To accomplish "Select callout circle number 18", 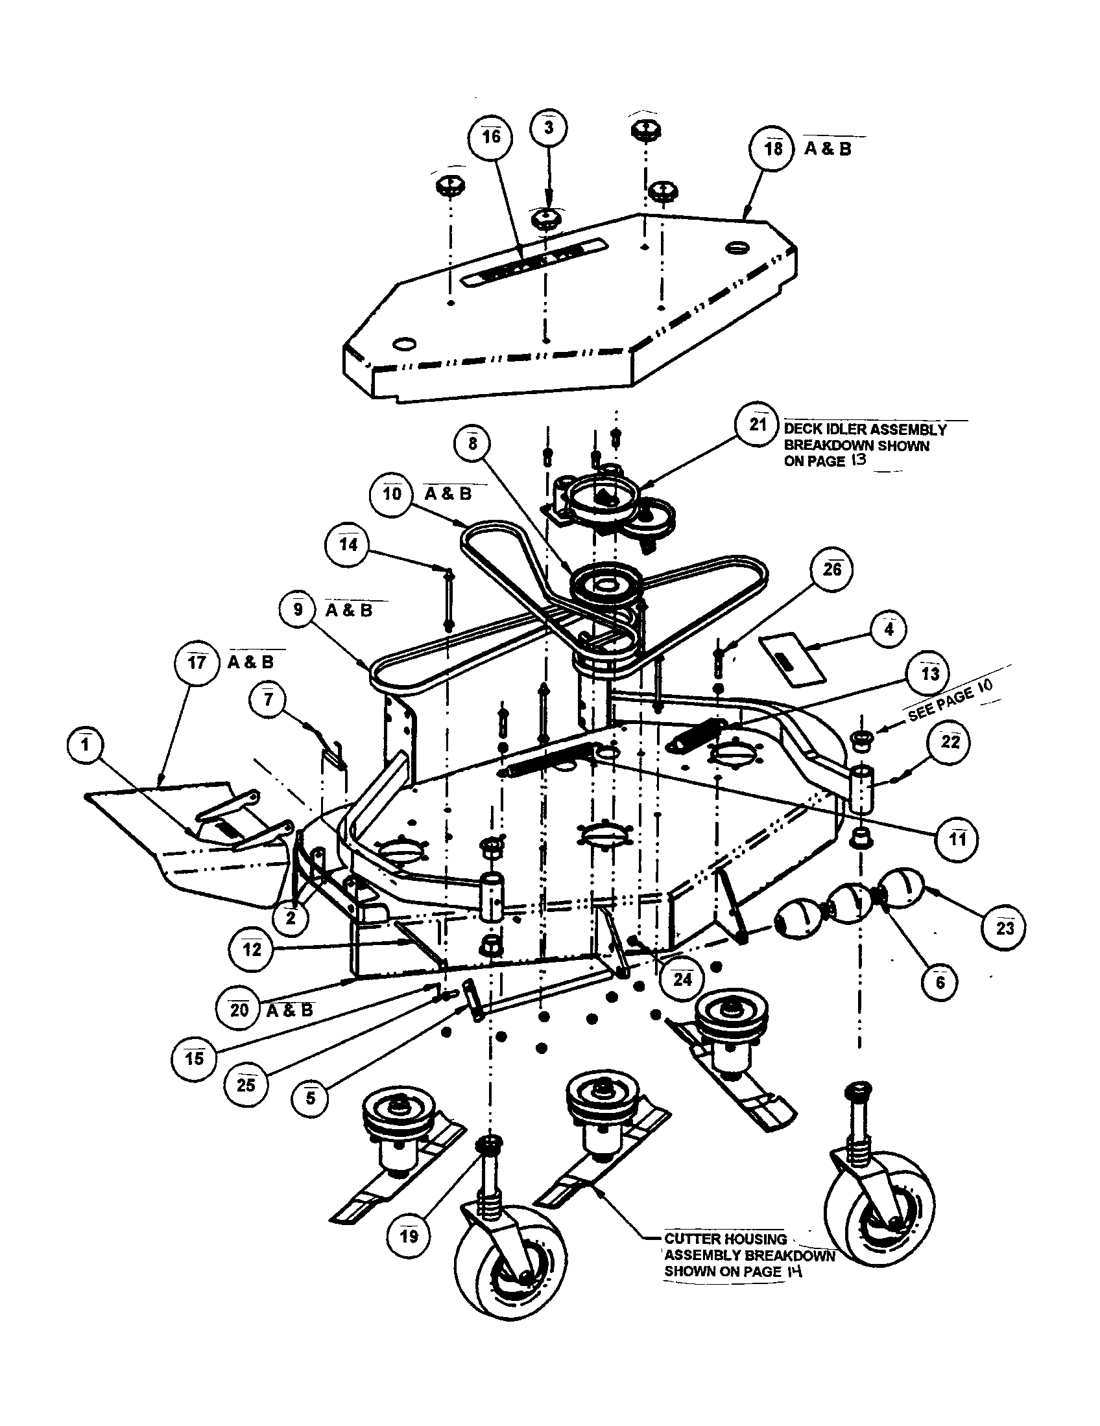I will point(772,150).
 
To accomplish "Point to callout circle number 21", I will point(757,425).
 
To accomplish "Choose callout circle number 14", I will point(348,545).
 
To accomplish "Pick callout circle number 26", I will point(831,570).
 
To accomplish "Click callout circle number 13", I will point(929,673).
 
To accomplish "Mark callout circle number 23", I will point(1004,927).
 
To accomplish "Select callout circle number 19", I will point(408,1235).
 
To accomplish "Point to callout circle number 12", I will point(252,950).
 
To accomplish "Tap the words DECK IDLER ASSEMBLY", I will point(865,430).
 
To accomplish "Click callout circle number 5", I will point(310,1097).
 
